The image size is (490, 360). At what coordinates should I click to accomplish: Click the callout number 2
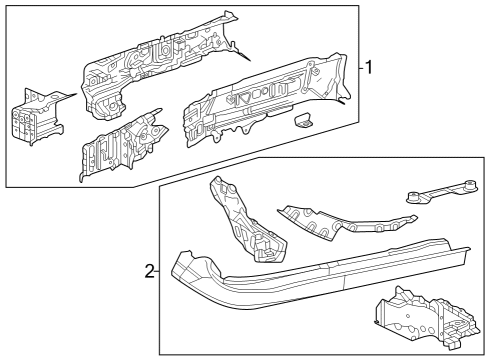pos(148,271)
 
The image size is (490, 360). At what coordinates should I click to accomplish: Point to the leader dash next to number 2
pos(156,271)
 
